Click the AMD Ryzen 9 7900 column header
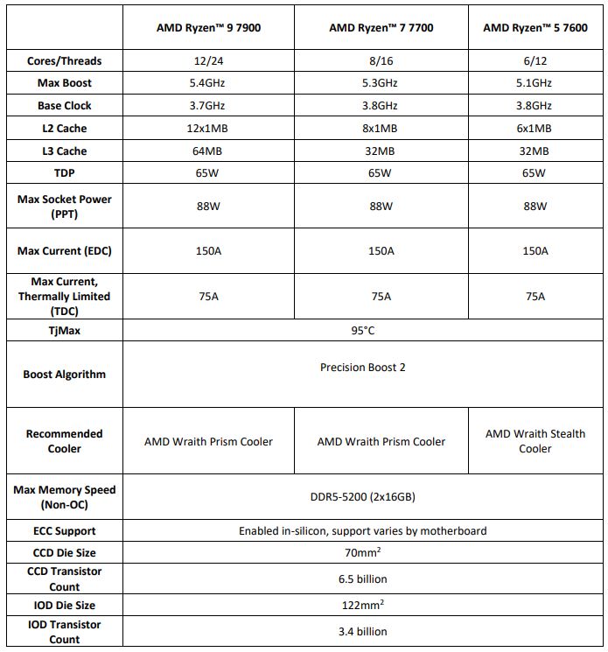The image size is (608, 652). click(x=208, y=27)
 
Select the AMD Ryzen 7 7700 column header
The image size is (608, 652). click(x=381, y=27)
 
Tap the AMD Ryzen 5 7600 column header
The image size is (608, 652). click(x=535, y=27)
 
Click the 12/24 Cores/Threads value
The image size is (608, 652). click(x=208, y=60)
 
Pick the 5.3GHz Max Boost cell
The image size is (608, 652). click(x=381, y=83)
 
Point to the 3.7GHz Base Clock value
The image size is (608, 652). click(x=208, y=106)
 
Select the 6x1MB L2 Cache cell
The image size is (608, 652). click(x=535, y=129)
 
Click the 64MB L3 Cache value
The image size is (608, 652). click(x=208, y=151)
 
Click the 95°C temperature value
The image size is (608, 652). click(x=363, y=332)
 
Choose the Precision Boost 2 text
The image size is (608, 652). click(x=363, y=368)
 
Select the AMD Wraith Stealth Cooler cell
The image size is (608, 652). click(x=535, y=441)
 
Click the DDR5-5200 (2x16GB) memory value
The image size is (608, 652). click(x=363, y=497)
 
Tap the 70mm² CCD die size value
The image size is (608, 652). click(x=363, y=552)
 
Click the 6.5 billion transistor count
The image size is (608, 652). click(x=363, y=578)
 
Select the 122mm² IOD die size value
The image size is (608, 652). click(x=363, y=605)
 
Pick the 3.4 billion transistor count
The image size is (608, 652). click(x=363, y=631)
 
